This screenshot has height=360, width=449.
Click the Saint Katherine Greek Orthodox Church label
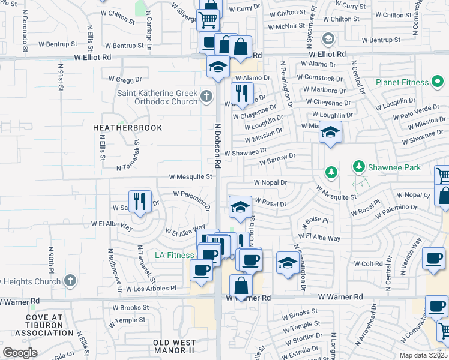coord(157,97)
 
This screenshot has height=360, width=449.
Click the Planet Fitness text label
coord(402,82)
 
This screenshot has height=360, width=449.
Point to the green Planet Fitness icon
coord(438,82)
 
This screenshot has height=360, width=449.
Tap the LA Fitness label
coord(175,255)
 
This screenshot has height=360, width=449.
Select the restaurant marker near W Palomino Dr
coord(140,201)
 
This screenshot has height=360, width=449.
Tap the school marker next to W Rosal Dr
coord(240,208)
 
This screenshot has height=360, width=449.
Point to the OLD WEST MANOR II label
coord(174,346)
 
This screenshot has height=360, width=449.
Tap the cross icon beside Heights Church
coord(70,281)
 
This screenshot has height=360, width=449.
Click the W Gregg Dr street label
coord(125,79)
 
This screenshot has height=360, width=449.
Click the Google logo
coord(20,353)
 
